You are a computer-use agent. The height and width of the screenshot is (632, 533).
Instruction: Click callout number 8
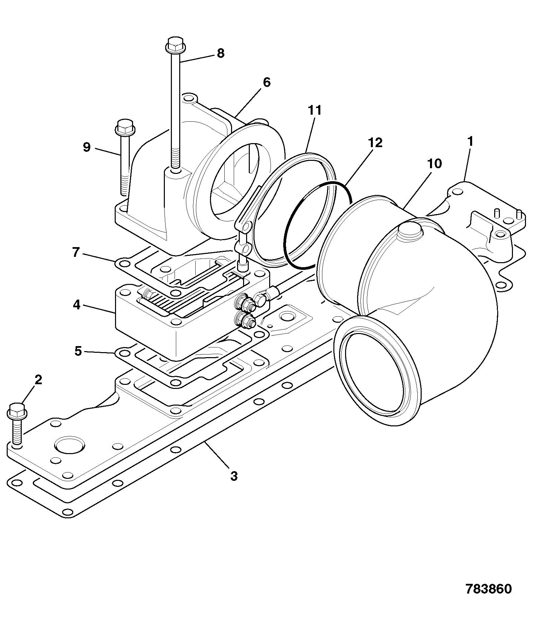220,54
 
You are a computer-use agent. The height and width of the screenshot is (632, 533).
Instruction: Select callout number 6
266,82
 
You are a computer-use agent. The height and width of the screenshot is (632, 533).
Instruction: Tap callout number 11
315,110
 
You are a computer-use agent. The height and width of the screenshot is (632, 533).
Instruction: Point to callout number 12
375,143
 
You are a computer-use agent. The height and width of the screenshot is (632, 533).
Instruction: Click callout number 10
435,164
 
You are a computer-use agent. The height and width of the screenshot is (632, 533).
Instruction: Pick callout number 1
470,141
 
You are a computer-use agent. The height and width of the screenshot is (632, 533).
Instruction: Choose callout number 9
87,147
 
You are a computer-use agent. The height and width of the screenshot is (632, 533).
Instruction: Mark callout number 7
76,252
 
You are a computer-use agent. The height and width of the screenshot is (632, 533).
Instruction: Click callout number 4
77,305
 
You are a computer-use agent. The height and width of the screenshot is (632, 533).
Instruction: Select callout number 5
78,351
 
